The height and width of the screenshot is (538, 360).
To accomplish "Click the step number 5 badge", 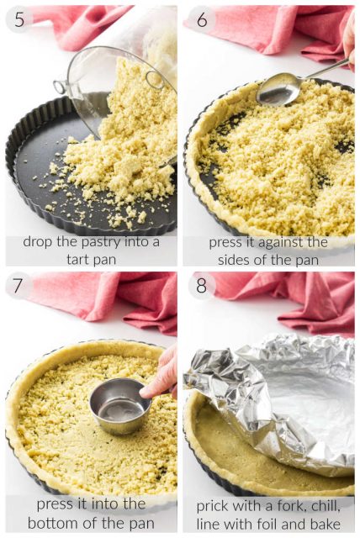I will click(x=19, y=20).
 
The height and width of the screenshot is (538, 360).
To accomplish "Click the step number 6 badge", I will click(x=202, y=20).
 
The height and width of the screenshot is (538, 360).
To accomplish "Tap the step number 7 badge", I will click(x=19, y=287).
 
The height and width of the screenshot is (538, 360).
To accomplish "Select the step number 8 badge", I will click(x=202, y=287).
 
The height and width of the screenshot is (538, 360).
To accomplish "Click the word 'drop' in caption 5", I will click(x=40, y=242).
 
